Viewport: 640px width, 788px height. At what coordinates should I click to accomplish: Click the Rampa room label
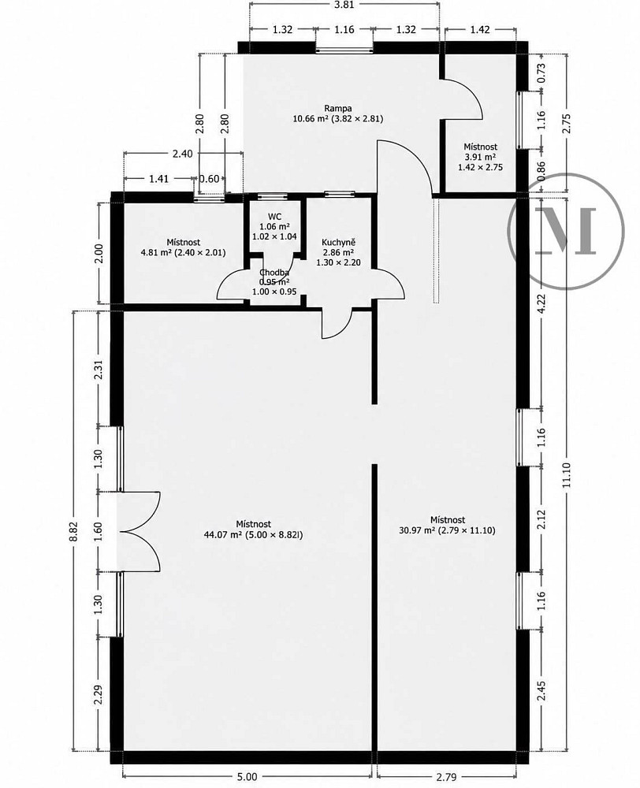pyautogui.click(x=338, y=108)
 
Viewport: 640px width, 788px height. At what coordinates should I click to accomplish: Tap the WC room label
pyautogui.click(x=274, y=217)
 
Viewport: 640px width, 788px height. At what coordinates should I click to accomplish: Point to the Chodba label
pyautogui.click(x=274, y=273)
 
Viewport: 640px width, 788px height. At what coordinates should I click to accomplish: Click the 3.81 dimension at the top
pyautogui.click(x=344, y=5)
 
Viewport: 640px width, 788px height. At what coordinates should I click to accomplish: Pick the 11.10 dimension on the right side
pyautogui.click(x=567, y=475)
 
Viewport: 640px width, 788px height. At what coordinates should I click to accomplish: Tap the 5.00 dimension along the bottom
pyautogui.click(x=247, y=777)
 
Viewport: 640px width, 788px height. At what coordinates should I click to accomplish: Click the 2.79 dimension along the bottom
pyautogui.click(x=446, y=777)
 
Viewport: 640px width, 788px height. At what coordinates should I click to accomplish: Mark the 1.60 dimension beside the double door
pyautogui.click(x=98, y=531)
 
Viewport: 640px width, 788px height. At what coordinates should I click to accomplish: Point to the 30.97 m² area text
pyautogui.click(x=417, y=530)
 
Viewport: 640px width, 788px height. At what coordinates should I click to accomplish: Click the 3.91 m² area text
pyautogui.click(x=480, y=157)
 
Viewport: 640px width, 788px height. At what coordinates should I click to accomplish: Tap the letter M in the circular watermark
pyautogui.click(x=567, y=230)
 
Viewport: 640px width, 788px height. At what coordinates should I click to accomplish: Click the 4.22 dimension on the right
pyautogui.click(x=541, y=303)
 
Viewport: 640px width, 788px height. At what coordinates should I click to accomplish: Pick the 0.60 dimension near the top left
pyautogui.click(x=210, y=178)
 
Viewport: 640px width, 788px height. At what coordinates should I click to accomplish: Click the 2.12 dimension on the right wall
pyautogui.click(x=541, y=519)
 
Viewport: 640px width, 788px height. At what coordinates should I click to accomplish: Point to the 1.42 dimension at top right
pyautogui.click(x=480, y=29)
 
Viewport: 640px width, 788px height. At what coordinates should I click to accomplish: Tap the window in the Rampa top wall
pyautogui.click(x=344, y=49)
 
